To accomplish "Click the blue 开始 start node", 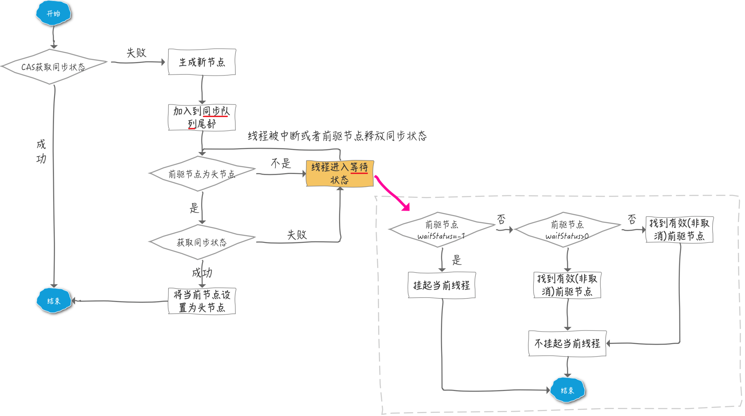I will pos(53,13).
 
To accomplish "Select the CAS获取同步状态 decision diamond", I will pos(53,67).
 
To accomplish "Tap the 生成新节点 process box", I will pos(202,62).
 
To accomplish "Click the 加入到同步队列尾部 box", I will pos(202,117).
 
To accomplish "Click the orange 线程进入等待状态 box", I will pos(340,173).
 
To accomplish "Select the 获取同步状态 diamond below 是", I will pos(202,242).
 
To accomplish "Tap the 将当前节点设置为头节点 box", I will pos(202,301).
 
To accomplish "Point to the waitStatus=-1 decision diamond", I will pos(441,230).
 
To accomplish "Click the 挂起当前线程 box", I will pos(442,285).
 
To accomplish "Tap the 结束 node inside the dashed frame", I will pos(568,390).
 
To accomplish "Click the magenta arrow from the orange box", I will pos(392,193).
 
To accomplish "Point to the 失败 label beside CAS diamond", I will pos(137,53).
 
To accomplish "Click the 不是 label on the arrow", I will pos(281,163).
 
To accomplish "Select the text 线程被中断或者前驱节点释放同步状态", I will pos(337,136).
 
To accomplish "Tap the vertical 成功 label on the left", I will pos(41,151).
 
